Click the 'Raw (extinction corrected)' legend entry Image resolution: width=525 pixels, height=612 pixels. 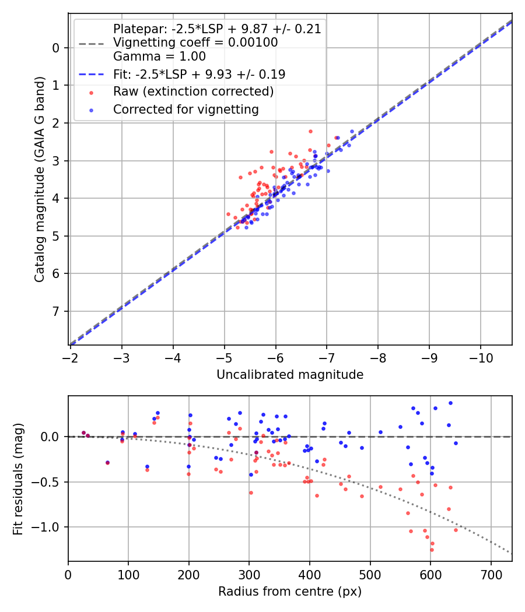pyautogui.click(x=193, y=92)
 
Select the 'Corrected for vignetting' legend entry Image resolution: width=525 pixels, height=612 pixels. pyautogui.click(x=185, y=109)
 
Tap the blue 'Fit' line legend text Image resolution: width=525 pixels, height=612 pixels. pyautogui.click(x=199, y=74)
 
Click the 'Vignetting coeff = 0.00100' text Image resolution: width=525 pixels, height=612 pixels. pyautogui.click(x=195, y=43)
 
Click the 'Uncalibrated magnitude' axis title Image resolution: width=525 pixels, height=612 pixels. pyautogui.click(x=290, y=375)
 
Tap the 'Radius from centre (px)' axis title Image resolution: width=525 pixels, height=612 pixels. pyautogui.click(x=290, y=592)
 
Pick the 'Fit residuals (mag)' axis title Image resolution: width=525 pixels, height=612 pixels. pyautogui.click(x=18, y=479)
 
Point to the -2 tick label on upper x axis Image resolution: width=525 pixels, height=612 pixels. pyautogui.click(x=70, y=357)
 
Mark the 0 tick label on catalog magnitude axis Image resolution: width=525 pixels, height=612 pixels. pyautogui.click(x=57, y=48)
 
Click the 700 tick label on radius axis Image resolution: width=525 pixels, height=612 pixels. pyautogui.click(x=491, y=574)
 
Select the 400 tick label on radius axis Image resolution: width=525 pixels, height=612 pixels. pyautogui.click(x=310, y=574)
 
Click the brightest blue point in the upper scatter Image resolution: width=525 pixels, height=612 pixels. pyautogui.click(x=352, y=132)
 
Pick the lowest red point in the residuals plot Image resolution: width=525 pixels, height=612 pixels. pyautogui.click(x=432, y=550)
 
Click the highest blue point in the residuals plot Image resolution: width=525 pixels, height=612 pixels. pyautogui.click(x=450, y=403)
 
